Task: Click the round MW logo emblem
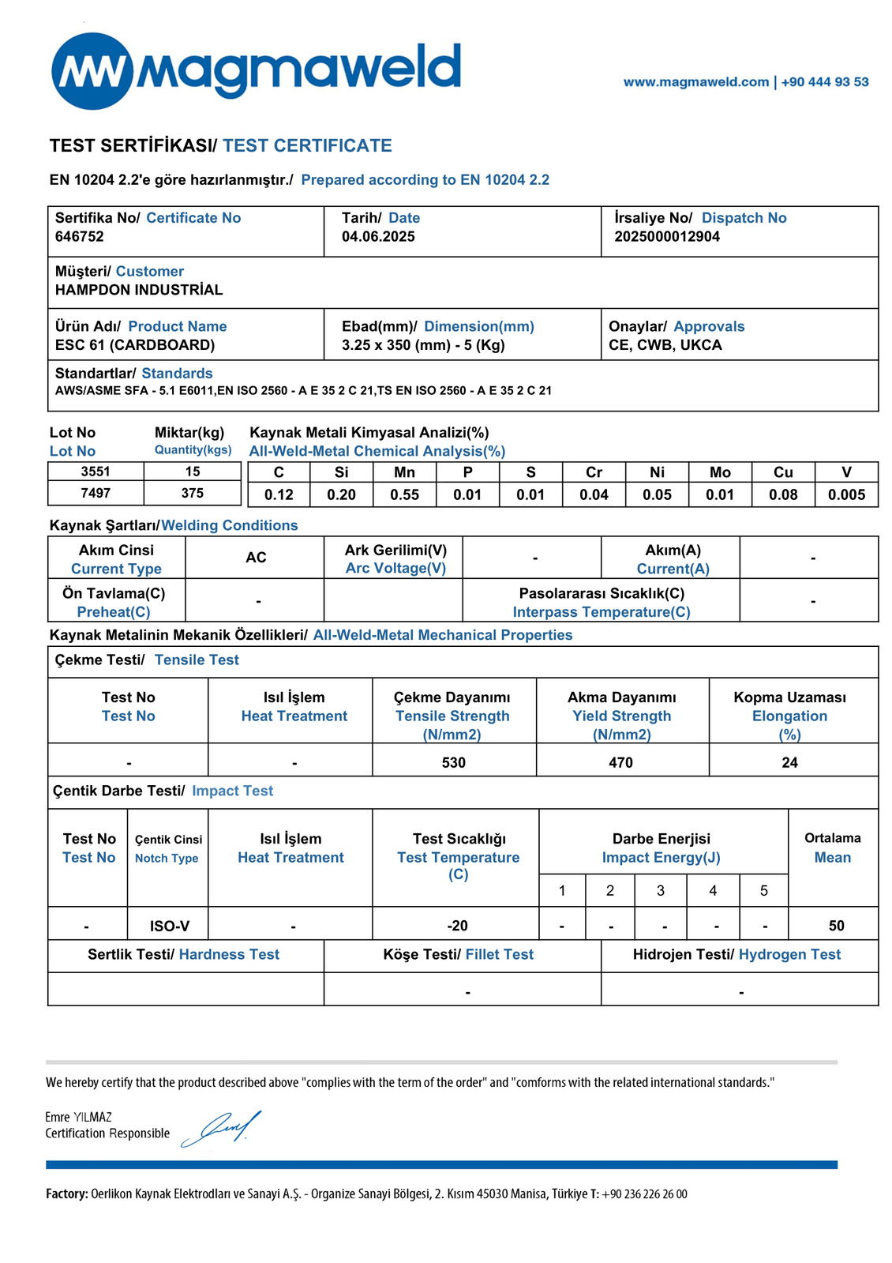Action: click(92, 71)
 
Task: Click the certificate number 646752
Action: click(80, 236)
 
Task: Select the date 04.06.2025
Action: click(378, 236)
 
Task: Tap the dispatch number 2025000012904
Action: click(667, 236)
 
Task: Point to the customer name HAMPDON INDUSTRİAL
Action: click(139, 290)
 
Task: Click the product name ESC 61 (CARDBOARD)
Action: click(135, 345)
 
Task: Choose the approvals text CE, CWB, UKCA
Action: click(665, 345)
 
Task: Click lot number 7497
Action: click(96, 493)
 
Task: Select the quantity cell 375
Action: click(193, 493)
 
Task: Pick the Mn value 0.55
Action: click(405, 495)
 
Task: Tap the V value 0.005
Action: click(846, 495)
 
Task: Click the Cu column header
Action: click(783, 472)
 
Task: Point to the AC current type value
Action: click(256, 558)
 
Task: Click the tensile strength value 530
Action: click(454, 762)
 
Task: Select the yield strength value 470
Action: click(621, 762)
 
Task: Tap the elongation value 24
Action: click(789, 762)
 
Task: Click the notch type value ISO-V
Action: click(169, 926)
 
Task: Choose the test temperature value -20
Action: click(457, 926)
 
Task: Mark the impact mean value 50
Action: click(837, 926)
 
